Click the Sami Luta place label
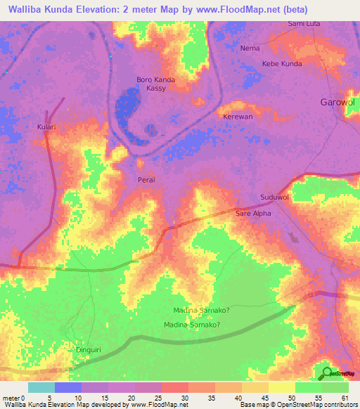pyautogui.click(x=304, y=23)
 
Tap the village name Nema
pyautogui.click(x=250, y=48)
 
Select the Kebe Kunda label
pyautogui.click(x=281, y=63)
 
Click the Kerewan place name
pyautogui.click(x=237, y=117)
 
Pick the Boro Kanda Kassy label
pyautogui.click(x=155, y=84)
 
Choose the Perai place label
pyautogui.click(x=146, y=180)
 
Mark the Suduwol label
pyautogui.click(x=274, y=197)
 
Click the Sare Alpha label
pyautogui.click(x=252, y=212)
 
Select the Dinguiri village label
pyautogui.click(x=89, y=349)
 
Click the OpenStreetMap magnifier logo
pyautogui.click(x=328, y=373)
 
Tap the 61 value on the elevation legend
pyautogui.click(x=345, y=397)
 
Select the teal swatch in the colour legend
pyautogui.click(x=41, y=387)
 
